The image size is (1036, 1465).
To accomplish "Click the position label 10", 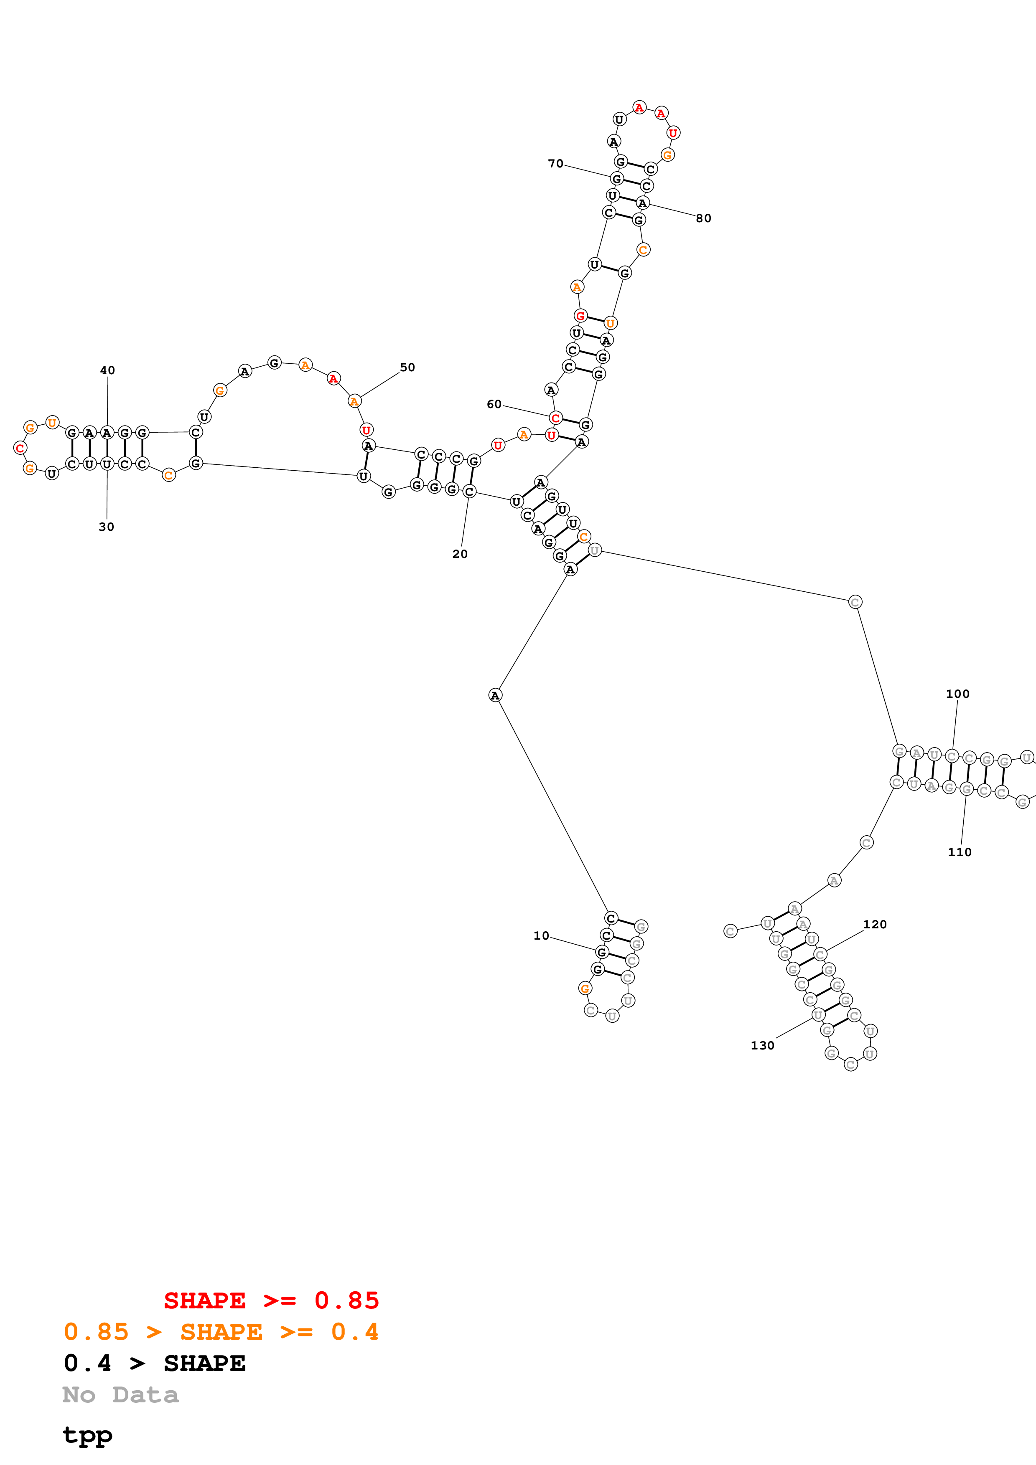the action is pyautogui.click(x=541, y=935).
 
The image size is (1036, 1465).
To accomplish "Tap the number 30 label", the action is pyautogui.click(x=106, y=526).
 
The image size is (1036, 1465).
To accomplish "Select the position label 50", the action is pyautogui.click(x=407, y=367).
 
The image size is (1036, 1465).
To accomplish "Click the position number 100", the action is pyautogui.click(x=957, y=694).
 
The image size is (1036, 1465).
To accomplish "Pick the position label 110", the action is pyautogui.click(x=960, y=852).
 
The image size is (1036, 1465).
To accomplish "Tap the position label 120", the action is pyautogui.click(x=875, y=924).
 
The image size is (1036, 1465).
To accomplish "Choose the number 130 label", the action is pyautogui.click(x=762, y=1045).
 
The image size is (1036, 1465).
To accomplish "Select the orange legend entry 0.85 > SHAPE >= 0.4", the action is pyautogui.click(x=221, y=1332).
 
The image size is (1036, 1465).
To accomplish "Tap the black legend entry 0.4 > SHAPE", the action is pyautogui.click(x=155, y=1363).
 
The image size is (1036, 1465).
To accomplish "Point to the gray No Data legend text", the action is pyautogui.click(x=121, y=1395).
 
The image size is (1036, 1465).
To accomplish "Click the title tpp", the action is pyautogui.click(x=87, y=1435).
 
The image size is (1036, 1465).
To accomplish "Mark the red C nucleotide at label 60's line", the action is pyautogui.click(x=555, y=418).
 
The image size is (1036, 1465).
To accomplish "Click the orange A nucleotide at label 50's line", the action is pyautogui.click(x=354, y=401).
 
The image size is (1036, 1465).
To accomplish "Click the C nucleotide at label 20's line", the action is pyautogui.click(x=469, y=491).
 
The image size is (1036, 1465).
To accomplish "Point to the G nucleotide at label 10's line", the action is pyautogui.click(x=601, y=952).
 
